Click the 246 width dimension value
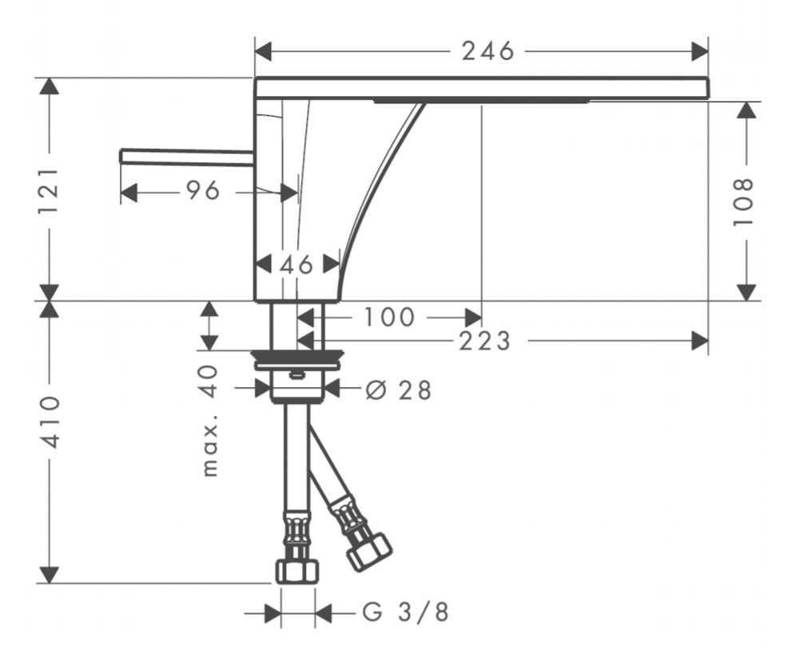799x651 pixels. pyautogui.click(x=487, y=51)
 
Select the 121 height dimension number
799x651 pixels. pyautogui.click(x=50, y=190)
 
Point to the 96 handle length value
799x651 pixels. pyautogui.click(x=203, y=191)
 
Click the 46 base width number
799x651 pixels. pyautogui.click(x=296, y=264)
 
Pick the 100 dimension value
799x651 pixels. pyautogui.click(x=389, y=318)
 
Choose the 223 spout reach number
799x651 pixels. pyautogui.click(x=485, y=341)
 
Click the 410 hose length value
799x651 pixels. pyautogui.click(x=50, y=421)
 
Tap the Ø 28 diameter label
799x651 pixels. pyautogui.click(x=399, y=390)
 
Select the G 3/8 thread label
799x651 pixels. pyautogui.click(x=406, y=612)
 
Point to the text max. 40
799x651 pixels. pyautogui.click(x=210, y=421)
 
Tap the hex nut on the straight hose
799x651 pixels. pyautogui.click(x=296, y=571)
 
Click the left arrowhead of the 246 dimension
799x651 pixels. pyautogui.click(x=262, y=51)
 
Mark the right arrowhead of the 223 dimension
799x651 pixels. pyautogui.click(x=700, y=341)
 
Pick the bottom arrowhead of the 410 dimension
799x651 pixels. pyautogui.click(x=50, y=574)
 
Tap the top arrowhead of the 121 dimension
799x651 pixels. pyautogui.click(x=50, y=86)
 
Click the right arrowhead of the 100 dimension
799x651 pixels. pyautogui.click(x=473, y=318)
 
